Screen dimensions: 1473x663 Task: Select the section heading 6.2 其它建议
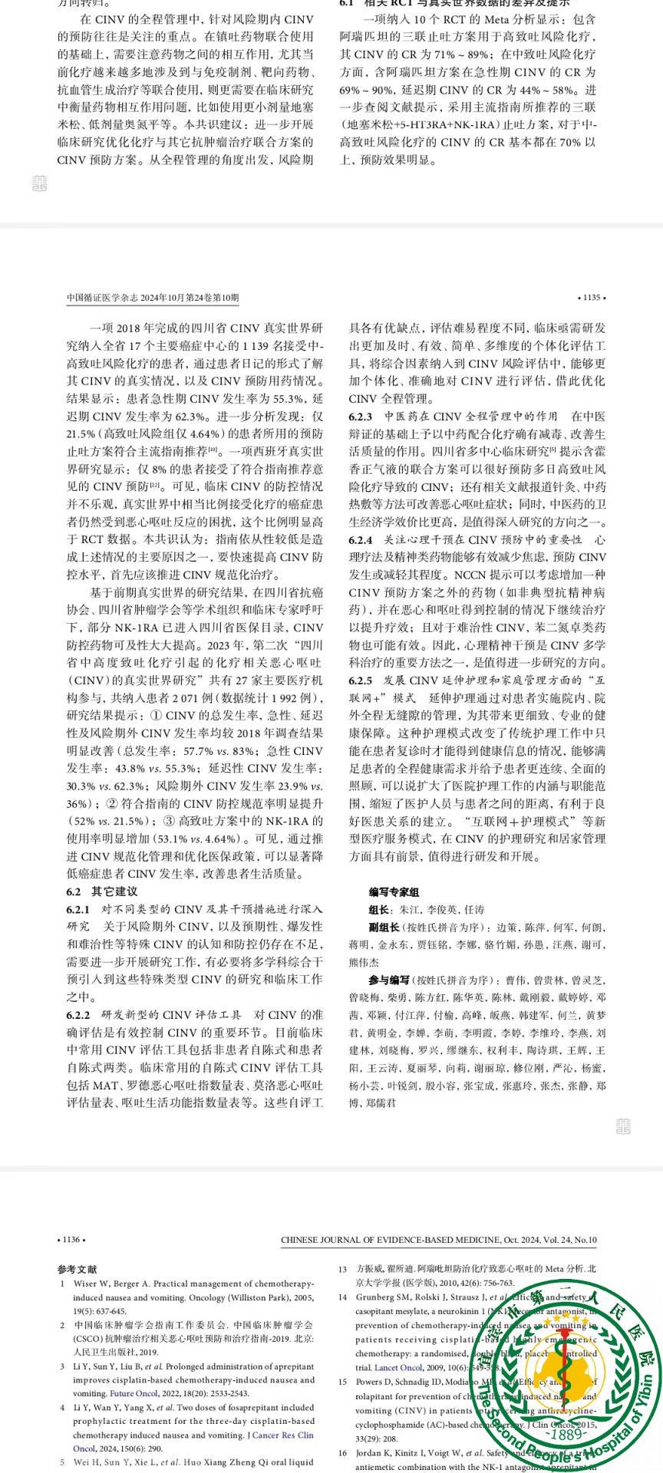(x=102, y=891)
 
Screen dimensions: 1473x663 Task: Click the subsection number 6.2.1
(x=79, y=909)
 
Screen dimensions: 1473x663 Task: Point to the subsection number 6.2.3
(x=361, y=417)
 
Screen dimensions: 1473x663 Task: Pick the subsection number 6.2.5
(x=361, y=680)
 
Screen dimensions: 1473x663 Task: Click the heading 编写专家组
(x=394, y=892)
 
